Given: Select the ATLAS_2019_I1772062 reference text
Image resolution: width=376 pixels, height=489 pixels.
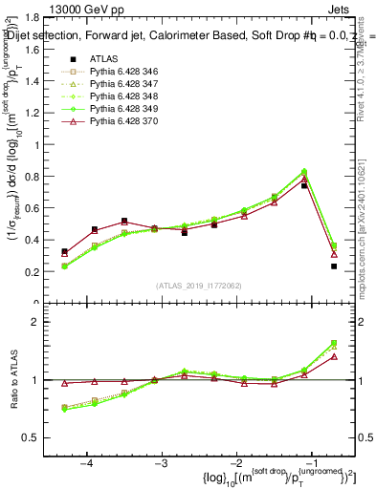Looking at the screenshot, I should click(x=198, y=286).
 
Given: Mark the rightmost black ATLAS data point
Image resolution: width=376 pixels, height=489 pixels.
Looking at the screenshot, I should click(x=334, y=266).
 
